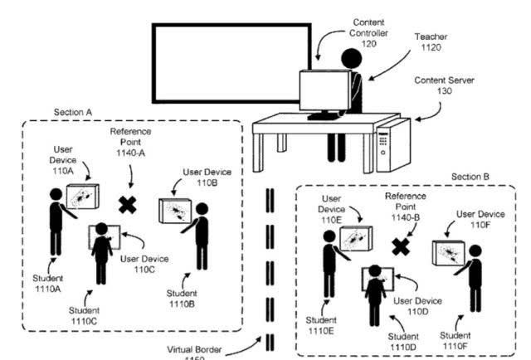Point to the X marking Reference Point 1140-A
click(126, 204)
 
